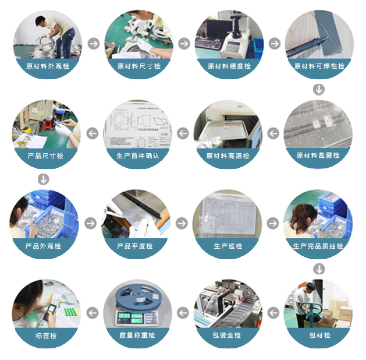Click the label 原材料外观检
coord(48,66)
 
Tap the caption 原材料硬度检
coord(229,66)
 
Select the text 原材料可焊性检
coord(319,66)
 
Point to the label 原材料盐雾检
coord(319,156)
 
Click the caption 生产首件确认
coord(138,156)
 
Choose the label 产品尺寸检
coord(45,156)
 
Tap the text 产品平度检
coord(135,246)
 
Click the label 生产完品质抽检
coord(318,246)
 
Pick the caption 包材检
coord(319,336)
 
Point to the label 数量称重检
coord(137,336)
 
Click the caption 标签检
coord(45,336)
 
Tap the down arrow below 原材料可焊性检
coord(318,89)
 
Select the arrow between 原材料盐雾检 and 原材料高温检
coord(273,133)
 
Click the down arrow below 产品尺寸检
coord(44,178)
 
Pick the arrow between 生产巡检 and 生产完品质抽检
coord(272,223)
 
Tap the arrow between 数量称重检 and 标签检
coord(92,313)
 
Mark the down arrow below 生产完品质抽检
coord(318,269)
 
